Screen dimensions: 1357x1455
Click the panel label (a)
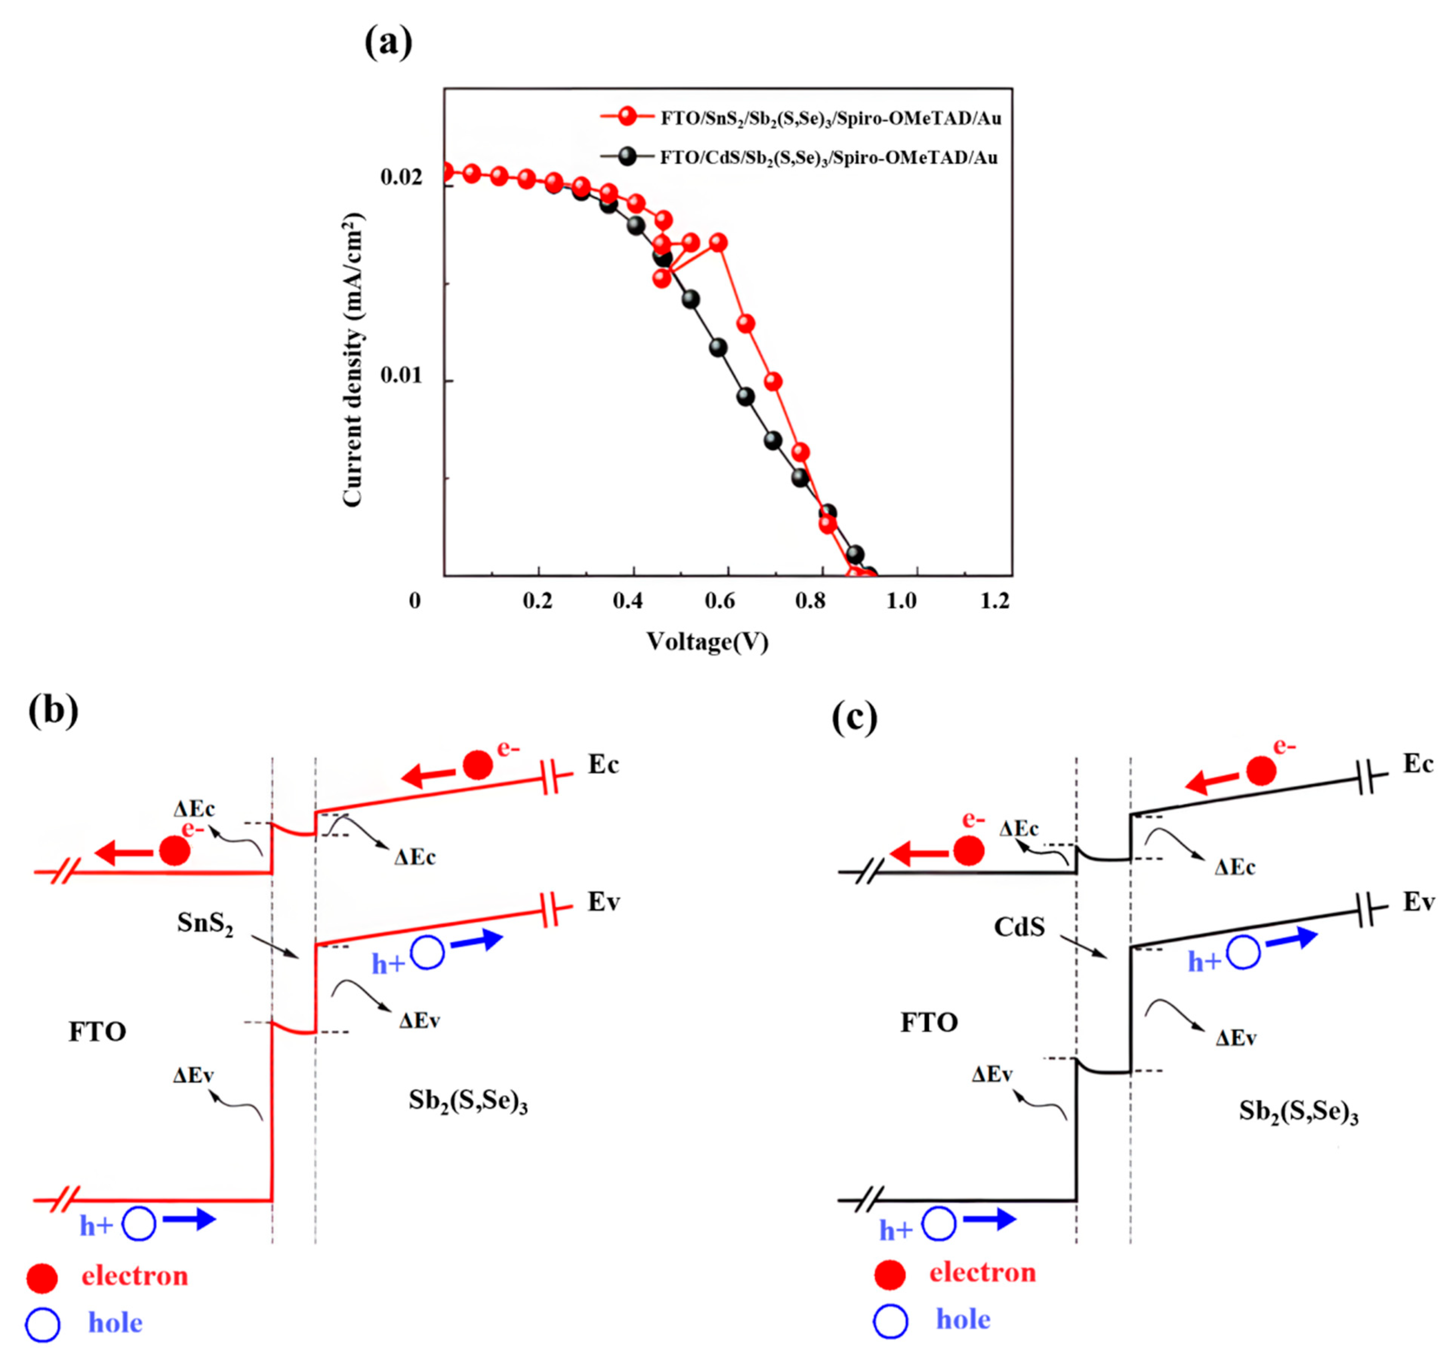point(388,42)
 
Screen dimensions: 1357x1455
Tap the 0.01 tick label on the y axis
point(401,376)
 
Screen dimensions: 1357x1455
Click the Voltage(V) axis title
point(707,642)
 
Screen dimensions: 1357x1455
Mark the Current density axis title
point(353,360)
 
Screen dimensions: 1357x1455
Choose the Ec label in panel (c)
point(1418,764)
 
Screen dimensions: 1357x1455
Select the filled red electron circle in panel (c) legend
point(890,1274)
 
